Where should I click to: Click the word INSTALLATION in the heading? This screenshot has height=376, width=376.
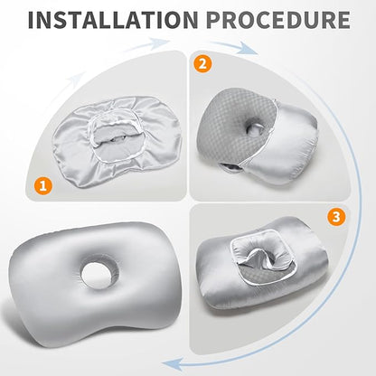coord(113,20)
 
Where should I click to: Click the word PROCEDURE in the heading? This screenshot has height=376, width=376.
coord(278,20)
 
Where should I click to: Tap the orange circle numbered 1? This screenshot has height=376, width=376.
coord(43,186)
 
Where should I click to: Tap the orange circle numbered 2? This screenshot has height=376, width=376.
coord(202,63)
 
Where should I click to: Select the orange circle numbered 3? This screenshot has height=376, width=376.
coord(336,217)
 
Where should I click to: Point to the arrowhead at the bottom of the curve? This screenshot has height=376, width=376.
coord(174,364)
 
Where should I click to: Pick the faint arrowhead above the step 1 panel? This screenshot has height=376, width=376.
coord(159,42)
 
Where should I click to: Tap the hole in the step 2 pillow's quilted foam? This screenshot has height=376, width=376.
coord(253,128)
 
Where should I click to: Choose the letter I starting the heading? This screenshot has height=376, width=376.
coord(32,20)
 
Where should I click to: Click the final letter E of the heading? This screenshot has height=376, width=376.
coord(343,20)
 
